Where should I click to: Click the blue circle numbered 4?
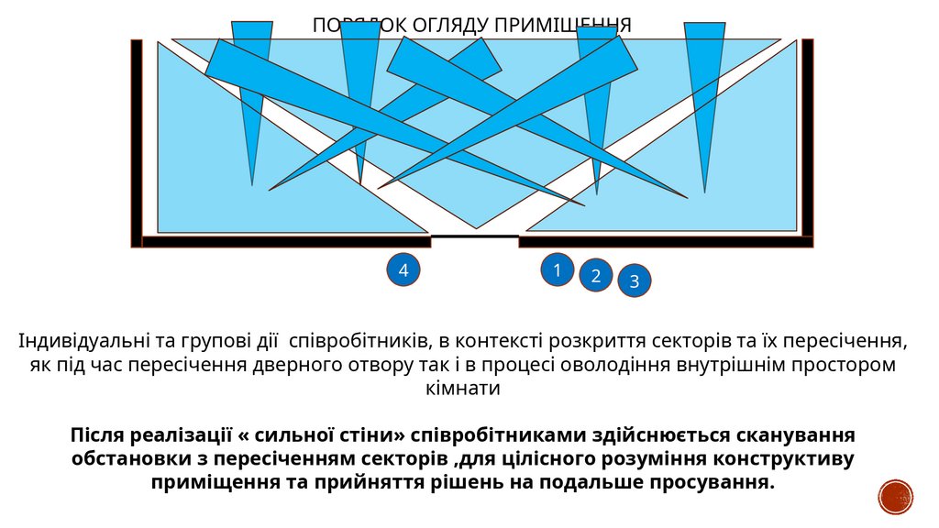pos(403,269)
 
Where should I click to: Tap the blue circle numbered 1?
pos(556,269)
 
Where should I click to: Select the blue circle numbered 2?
pos(595,275)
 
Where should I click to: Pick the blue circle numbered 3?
pos(635,281)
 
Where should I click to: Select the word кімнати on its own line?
pos(469,388)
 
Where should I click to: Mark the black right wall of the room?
pos(808,137)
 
